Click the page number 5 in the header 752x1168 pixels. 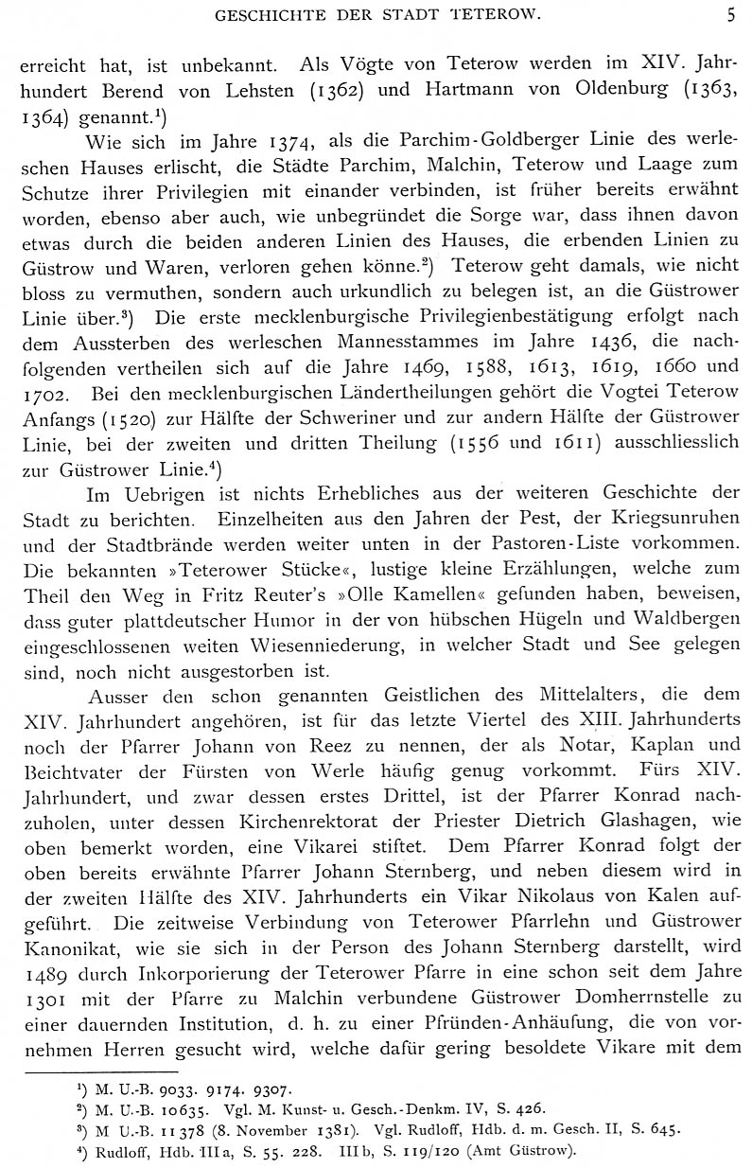(x=730, y=14)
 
